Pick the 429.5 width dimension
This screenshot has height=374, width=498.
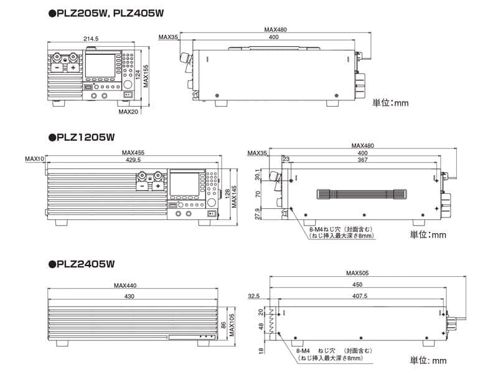[133, 160]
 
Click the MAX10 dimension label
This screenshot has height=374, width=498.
[34, 160]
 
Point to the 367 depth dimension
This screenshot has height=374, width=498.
[362, 160]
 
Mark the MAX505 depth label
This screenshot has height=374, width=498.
[359, 273]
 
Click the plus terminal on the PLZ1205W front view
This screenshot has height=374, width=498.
[158, 186]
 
